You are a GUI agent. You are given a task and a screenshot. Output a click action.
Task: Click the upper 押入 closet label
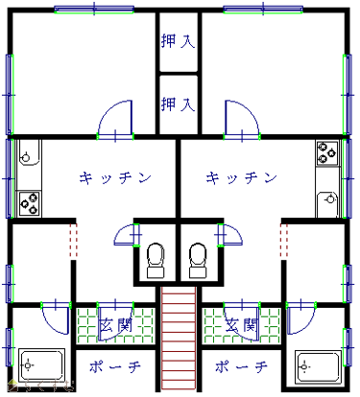coord(178,41)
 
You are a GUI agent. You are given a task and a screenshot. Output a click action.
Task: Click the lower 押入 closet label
coord(178,104)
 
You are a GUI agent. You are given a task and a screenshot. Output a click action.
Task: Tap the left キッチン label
coord(115,177)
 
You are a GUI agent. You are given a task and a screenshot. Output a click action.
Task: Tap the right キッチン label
coord(241,177)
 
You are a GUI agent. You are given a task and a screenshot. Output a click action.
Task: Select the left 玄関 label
coord(115,325)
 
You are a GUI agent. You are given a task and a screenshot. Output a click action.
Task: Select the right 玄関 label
coord(242,325)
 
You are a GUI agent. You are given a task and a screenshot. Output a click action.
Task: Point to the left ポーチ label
coord(115,366)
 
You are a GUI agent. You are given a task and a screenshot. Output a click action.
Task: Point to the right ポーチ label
coord(241,366)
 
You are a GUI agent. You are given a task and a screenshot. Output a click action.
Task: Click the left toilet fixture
coord(156,260)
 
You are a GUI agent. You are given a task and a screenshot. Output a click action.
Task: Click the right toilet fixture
coord(199,260)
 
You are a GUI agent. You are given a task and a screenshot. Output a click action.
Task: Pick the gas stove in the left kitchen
coord(29,203)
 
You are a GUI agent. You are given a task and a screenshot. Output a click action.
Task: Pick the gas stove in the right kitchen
coord(327,153)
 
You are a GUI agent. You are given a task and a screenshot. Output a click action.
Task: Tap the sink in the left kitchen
coord(29,152)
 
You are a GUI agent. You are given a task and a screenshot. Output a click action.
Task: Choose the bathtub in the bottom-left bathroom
coord(41,365)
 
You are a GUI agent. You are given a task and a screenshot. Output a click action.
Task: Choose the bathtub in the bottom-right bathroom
coord(318,367)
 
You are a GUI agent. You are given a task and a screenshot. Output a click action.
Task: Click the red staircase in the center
coord(179,339)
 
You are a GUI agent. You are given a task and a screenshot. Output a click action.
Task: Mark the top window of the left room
coord(94,10)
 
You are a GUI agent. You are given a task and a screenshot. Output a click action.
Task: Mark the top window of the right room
coord(263,10)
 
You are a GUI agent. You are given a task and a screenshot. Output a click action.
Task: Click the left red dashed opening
coord(74,241)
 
